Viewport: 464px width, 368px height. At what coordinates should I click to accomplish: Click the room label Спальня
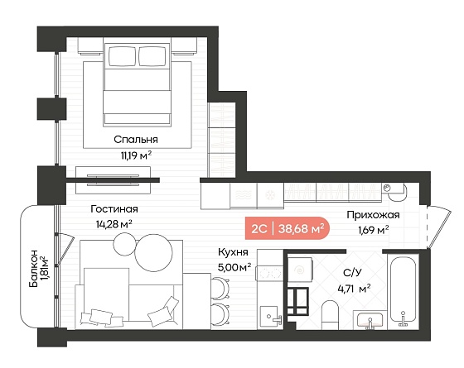tap(136, 140)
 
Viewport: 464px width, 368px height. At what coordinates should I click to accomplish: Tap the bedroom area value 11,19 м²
tap(136, 155)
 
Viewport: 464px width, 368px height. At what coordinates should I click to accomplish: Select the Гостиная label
tap(114, 209)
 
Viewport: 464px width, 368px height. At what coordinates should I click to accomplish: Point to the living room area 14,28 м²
tap(114, 224)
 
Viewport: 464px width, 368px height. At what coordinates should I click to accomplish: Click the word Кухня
tap(233, 252)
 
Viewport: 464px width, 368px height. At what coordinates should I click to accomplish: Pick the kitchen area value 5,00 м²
tap(234, 267)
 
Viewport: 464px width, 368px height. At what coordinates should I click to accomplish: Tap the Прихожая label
tap(373, 215)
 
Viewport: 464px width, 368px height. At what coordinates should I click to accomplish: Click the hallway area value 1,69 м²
tap(374, 230)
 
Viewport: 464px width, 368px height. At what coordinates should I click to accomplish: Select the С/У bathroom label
tap(352, 273)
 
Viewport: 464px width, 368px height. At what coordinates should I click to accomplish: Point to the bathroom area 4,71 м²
tap(355, 289)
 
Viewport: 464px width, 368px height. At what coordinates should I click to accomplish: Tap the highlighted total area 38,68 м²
tap(299, 228)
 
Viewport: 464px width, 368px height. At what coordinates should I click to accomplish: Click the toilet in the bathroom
tap(330, 315)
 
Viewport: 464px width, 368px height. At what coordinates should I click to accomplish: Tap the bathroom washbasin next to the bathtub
tap(370, 320)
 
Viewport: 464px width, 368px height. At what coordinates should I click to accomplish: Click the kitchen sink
tap(268, 316)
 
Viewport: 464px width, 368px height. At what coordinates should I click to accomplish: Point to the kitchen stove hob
tap(270, 273)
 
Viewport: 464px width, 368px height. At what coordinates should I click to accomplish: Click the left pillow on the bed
tap(122, 56)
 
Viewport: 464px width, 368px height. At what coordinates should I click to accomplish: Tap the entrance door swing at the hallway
tap(439, 226)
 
